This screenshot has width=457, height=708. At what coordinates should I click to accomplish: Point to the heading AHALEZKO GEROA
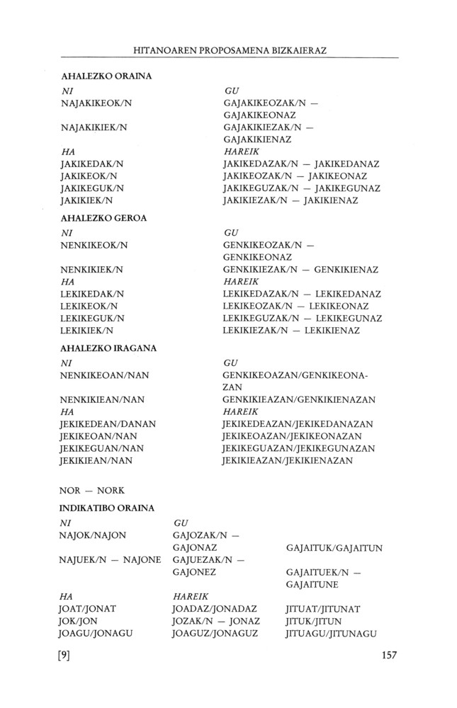tap(103, 218)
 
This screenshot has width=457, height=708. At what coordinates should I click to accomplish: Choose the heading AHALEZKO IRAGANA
tap(108, 348)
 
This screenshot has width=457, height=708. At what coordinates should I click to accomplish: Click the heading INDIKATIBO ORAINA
tap(107, 508)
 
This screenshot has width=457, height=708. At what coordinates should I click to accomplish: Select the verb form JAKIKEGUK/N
tap(92, 188)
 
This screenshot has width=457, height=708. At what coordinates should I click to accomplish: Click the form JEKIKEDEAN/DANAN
tap(108, 423)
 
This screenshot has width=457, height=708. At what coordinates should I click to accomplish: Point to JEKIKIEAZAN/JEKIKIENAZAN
tap(288, 460)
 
